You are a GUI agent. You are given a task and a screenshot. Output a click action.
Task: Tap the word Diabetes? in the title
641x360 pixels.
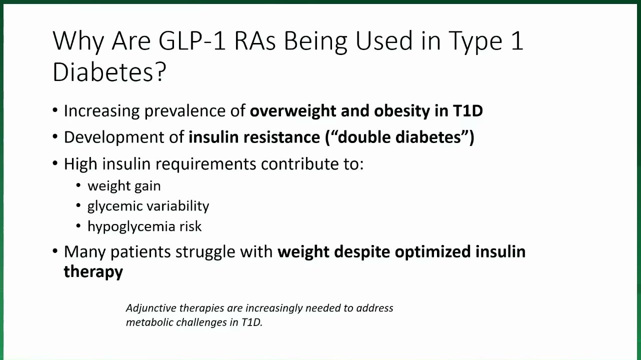[109, 72]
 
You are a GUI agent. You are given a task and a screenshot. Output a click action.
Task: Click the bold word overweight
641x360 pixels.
[293, 111]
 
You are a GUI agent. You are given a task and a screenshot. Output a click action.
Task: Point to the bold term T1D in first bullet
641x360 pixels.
[468, 110]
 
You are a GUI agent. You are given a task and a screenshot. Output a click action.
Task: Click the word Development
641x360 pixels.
[124, 137]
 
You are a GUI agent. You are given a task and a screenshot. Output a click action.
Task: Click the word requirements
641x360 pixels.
[205, 164]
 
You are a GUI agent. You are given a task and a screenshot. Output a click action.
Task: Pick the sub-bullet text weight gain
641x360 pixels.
[124, 186]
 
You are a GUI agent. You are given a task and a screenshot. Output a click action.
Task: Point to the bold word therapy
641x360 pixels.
[93, 272]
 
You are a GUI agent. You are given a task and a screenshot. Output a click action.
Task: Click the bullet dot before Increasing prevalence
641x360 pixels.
[55, 110]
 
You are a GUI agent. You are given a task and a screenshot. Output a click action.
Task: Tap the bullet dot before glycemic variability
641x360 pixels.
[78, 205]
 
